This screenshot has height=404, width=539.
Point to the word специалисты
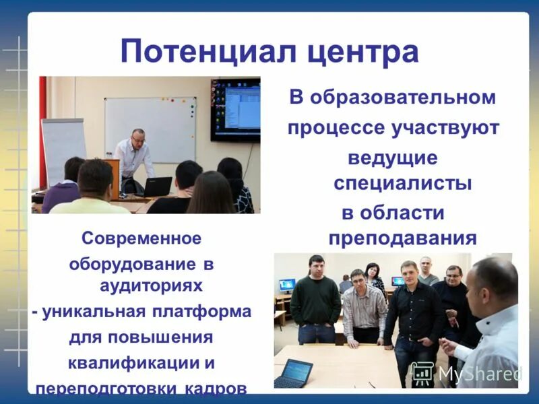403,183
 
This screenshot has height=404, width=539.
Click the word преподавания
403,238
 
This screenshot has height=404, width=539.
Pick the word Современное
141,238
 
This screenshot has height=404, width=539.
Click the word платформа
199,312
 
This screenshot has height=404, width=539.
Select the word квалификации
133,364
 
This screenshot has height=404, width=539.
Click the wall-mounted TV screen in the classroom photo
235,109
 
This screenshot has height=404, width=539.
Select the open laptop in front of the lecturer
156,187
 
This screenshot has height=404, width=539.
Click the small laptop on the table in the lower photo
294,371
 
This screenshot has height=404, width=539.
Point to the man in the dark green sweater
315,300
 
